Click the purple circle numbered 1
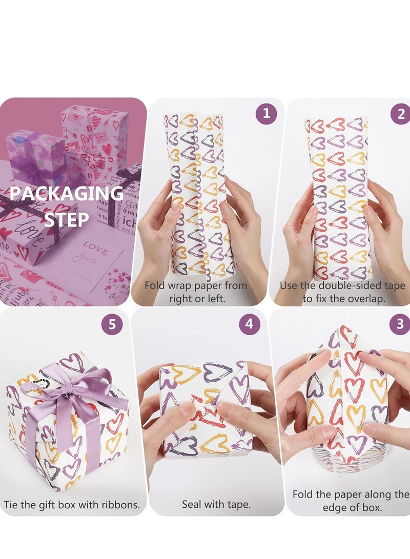pyautogui.click(x=265, y=114)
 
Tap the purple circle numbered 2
pyautogui.click(x=400, y=114)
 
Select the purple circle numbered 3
pyautogui.click(x=400, y=324)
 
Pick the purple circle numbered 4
pyautogui.click(x=249, y=324)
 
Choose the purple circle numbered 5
pyautogui.click(x=112, y=324)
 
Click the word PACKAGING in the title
pyautogui.click(x=66, y=194)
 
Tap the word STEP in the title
pyautogui.click(x=66, y=219)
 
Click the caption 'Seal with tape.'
pyautogui.click(x=216, y=504)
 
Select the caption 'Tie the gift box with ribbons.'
pyautogui.click(x=72, y=504)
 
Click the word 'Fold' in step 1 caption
pyautogui.click(x=155, y=285)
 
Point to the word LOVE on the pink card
pyautogui.click(x=96, y=252)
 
